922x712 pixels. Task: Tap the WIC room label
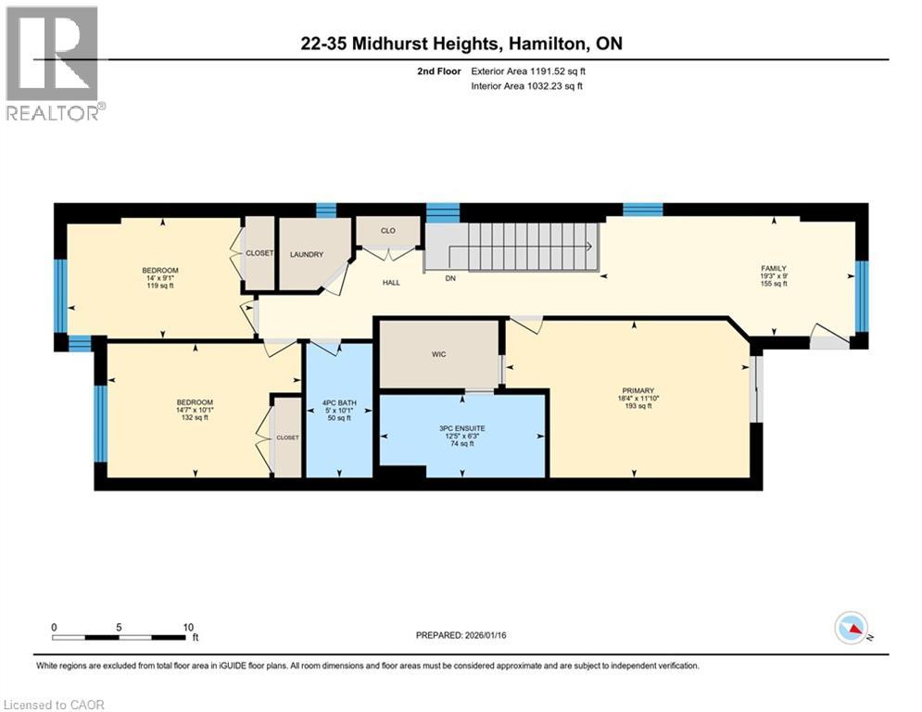click(x=439, y=354)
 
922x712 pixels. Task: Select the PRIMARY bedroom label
click(x=638, y=390)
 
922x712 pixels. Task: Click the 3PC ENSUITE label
click(x=462, y=428)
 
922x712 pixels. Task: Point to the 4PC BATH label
click(x=338, y=402)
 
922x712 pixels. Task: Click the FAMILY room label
click(x=774, y=268)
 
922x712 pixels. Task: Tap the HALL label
click(x=391, y=282)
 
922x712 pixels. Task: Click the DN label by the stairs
click(x=450, y=277)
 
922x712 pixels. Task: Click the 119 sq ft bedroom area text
click(x=160, y=286)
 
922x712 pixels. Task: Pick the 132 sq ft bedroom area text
click(x=195, y=417)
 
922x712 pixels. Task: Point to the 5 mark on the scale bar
click(x=120, y=627)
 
